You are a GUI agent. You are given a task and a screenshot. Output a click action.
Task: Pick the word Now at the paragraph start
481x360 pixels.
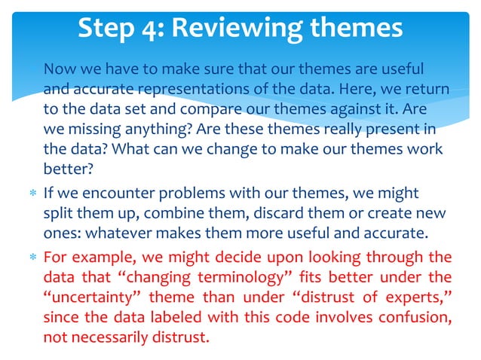(x=59, y=69)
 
